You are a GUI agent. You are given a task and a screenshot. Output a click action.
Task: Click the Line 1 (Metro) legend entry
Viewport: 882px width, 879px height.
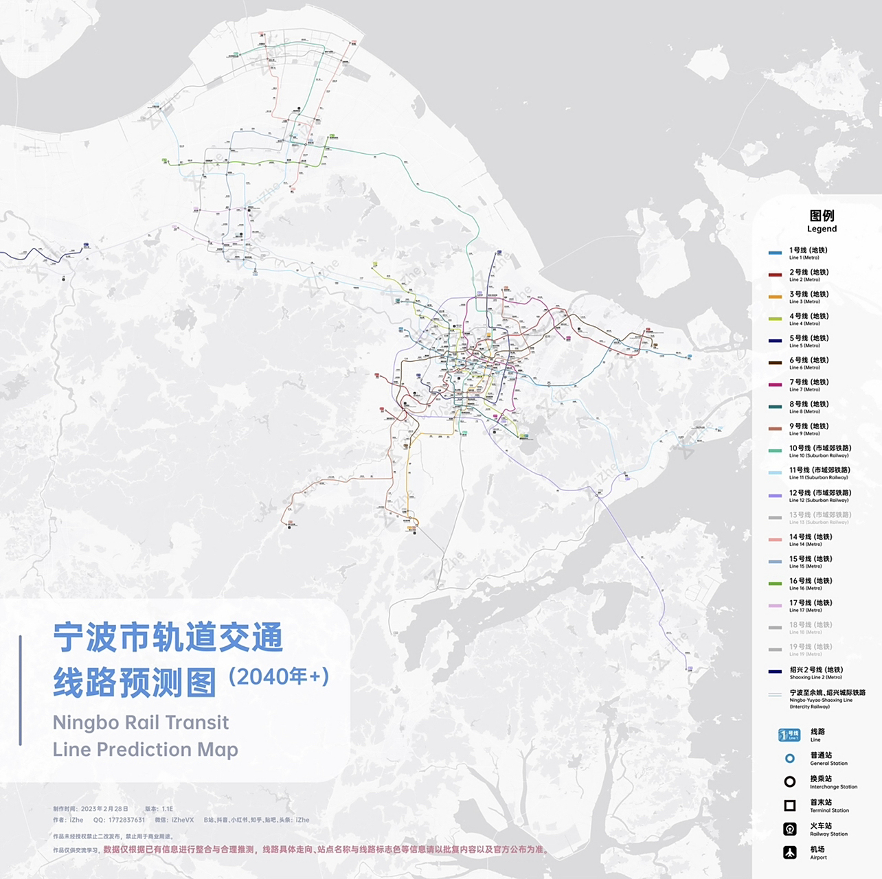click(808, 253)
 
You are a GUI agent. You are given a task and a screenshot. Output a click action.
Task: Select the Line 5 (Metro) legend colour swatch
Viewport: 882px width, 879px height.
click(775, 341)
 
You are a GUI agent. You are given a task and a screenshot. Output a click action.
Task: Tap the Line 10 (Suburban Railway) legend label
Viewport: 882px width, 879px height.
click(819, 450)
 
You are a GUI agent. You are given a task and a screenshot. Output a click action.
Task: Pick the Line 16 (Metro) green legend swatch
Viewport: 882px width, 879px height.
click(775, 584)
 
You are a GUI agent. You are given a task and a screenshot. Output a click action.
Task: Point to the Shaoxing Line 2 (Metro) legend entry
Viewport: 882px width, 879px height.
click(815, 672)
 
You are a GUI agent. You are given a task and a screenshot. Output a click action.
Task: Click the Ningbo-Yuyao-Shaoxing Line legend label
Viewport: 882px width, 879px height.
click(827, 698)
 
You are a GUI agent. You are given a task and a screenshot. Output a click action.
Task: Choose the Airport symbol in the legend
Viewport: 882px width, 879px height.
click(790, 852)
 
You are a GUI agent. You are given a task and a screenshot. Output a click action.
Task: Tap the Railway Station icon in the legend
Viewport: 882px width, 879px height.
click(790, 829)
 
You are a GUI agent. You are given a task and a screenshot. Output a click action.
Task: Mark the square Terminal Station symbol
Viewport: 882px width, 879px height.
click(790, 806)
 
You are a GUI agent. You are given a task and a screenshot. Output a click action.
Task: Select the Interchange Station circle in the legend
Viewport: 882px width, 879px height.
click(790, 782)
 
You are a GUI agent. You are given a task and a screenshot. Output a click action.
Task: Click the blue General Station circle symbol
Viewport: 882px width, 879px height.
click(790, 758)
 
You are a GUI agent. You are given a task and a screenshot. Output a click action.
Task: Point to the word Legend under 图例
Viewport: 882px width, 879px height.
click(822, 229)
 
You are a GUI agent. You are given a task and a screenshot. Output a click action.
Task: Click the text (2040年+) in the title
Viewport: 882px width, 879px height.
click(279, 677)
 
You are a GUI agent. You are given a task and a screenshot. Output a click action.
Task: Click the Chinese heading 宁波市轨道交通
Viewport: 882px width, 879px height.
click(168, 638)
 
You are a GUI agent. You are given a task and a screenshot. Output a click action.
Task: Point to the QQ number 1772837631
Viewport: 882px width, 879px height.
click(126, 820)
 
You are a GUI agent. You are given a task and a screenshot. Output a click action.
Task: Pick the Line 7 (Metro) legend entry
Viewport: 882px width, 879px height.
click(808, 385)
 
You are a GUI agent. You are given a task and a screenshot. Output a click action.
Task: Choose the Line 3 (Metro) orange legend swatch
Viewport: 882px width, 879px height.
click(775, 297)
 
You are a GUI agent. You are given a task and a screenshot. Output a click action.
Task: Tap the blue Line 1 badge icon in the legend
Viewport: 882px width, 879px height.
click(789, 735)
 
